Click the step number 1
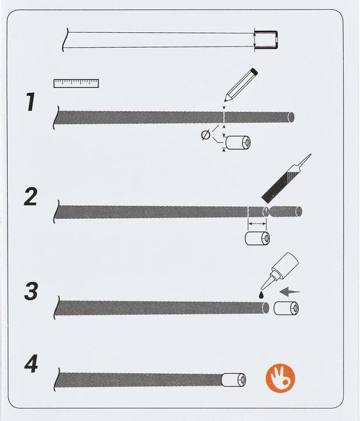pyautogui.click(x=31, y=102)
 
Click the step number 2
pyautogui.click(x=30, y=197)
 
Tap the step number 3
pyautogui.click(x=30, y=291)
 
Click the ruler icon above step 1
pyautogui.click(x=76, y=84)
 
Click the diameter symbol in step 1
pyautogui.click(x=205, y=135)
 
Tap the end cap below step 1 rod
pyautogui.click(x=238, y=142)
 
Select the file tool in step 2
pyautogui.click(x=286, y=178)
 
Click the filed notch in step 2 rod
pyautogui.click(x=266, y=211)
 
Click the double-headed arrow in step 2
pyautogui.click(x=258, y=223)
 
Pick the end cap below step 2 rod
pyautogui.click(x=258, y=238)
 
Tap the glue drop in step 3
pyautogui.click(x=261, y=295)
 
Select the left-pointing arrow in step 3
pyautogui.click(x=290, y=292)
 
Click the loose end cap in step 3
pyautogui.click(x=286, y=308)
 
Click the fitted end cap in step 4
pyautogui.click(x=234, y=380)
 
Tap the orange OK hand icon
pyautogui.click(x=280, y=378)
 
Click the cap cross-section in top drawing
pyautogui.click(x=266, y=40)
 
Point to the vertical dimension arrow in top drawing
pyautogui.click(x=255, y=40)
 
